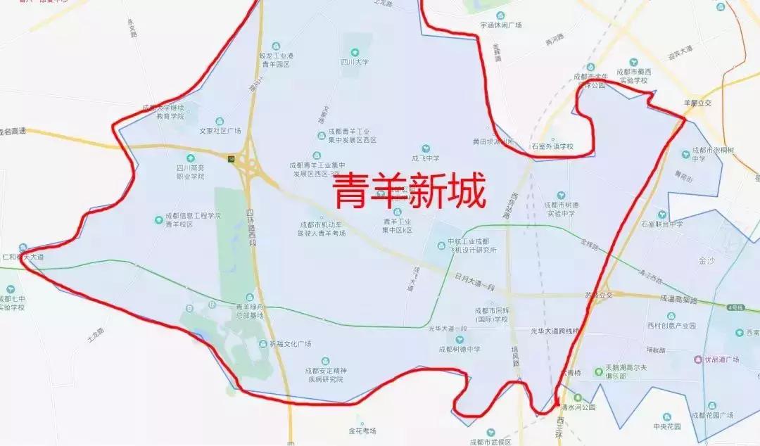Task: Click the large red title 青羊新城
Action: [409, 192]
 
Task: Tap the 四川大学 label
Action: [355, 62]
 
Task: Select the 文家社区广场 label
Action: [220, 131]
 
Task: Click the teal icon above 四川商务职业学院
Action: [190, 158]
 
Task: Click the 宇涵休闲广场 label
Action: [500, 25]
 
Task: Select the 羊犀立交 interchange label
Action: [698, 103]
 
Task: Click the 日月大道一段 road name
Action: [475, 278]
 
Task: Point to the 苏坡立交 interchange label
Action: [599, 295]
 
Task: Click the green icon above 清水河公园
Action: [577, 397]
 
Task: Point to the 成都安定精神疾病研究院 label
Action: [324, 374]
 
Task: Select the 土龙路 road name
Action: [96, 336]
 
